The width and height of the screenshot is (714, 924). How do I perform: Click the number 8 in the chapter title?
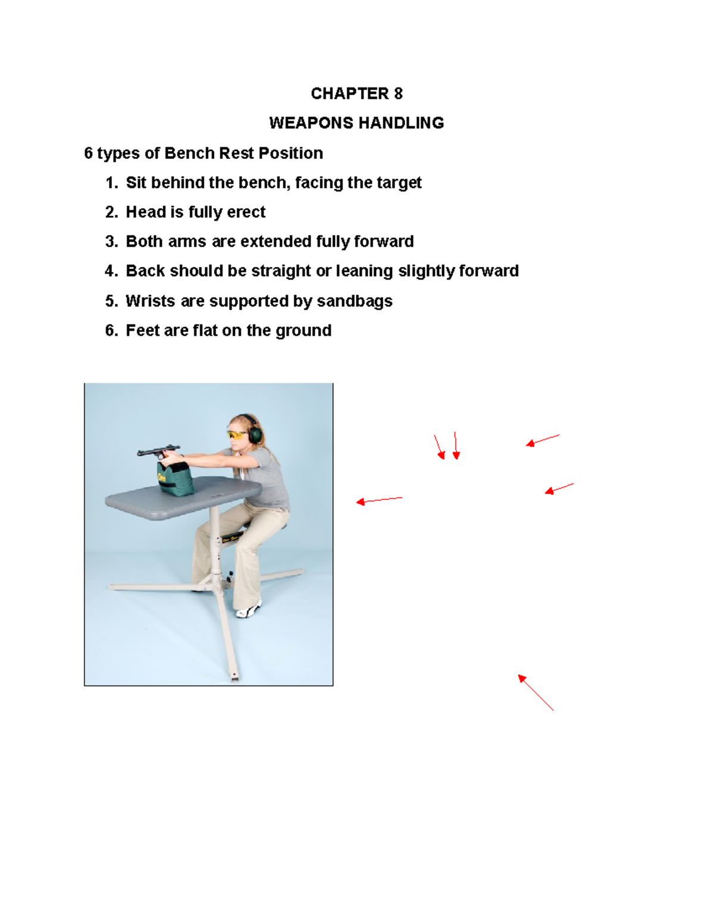(x=398, y=93)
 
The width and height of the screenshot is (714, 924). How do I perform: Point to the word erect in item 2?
(x=246, y=212)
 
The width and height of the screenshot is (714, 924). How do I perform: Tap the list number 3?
(x=111, y=242)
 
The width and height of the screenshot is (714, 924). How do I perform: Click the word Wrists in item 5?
(x=150, y=301)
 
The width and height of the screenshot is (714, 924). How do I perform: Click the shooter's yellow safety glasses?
(x=237, y=436)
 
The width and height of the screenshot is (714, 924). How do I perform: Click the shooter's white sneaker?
(x=249, y=610)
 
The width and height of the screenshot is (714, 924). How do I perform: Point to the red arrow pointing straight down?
(x=456, y=446)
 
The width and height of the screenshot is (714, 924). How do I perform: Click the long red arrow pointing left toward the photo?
(x=379, y=500)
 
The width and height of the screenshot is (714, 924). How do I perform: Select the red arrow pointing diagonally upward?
(x=535, y=693)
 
